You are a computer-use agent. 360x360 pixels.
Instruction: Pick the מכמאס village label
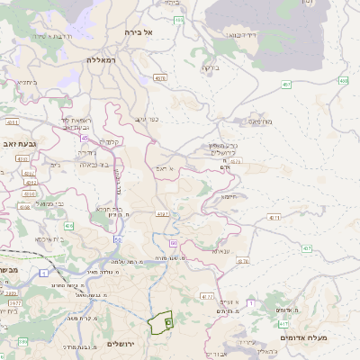tap(260, 118)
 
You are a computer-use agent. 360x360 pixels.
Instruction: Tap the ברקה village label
tap(210, 67)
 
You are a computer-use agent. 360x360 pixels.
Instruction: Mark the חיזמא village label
tap(229, 197)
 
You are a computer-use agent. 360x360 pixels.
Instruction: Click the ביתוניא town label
tap(27, 82)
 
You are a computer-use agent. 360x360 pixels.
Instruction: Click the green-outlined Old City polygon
tap(160, 322)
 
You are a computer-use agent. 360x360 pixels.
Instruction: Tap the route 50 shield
tap(118, 240)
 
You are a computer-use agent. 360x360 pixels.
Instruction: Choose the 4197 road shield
tap(163, 214)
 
